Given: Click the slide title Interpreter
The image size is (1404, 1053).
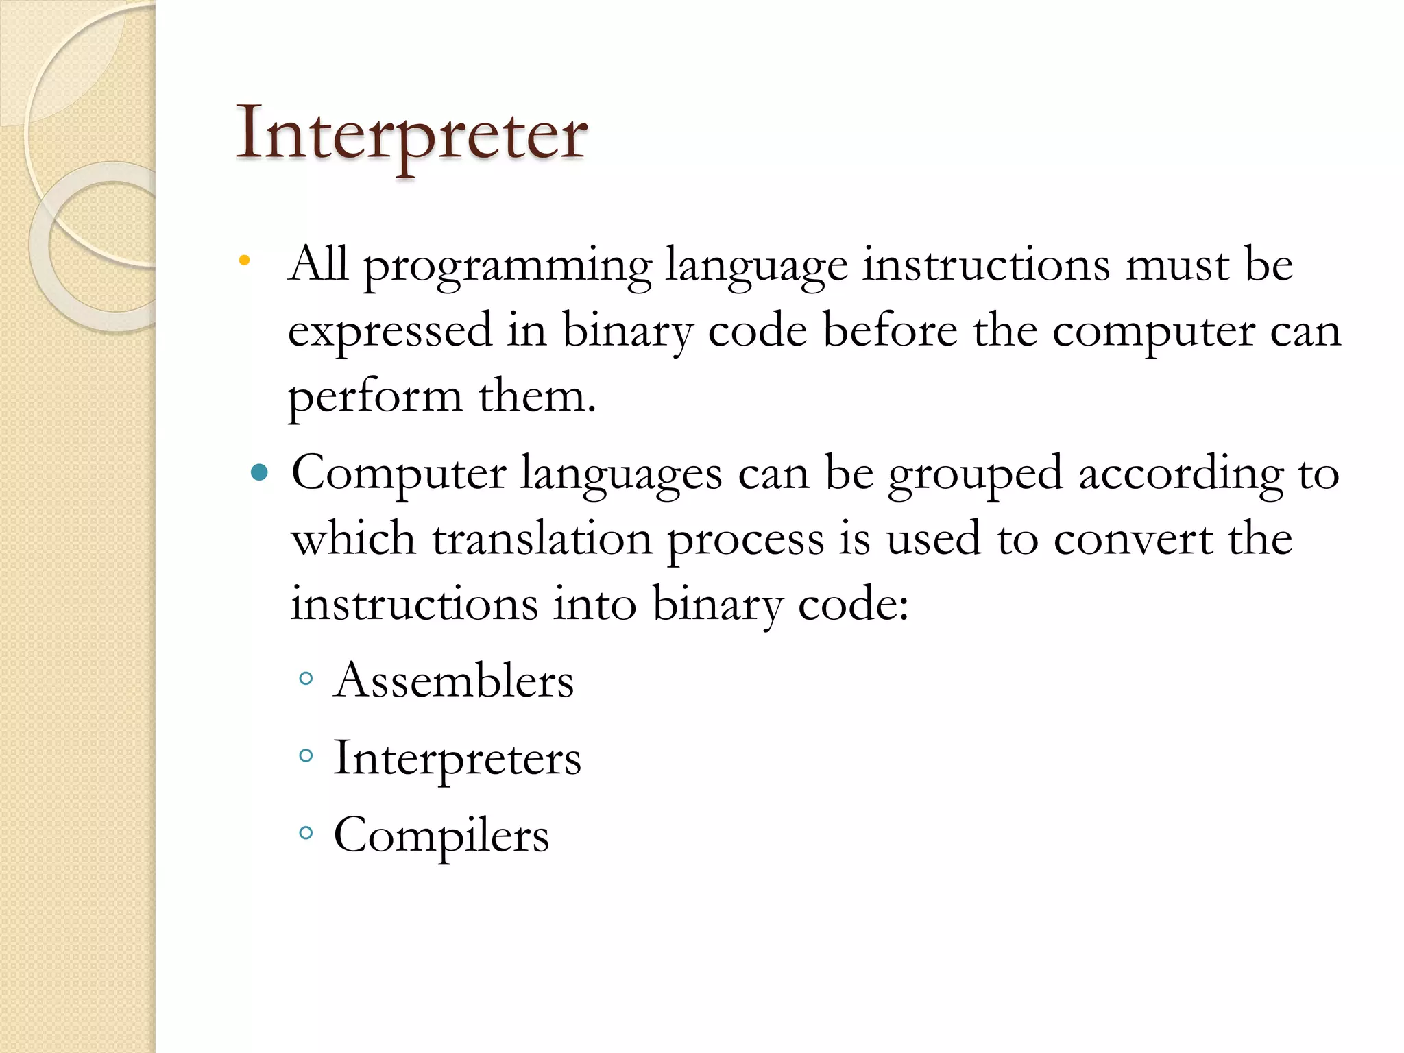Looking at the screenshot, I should (x=411, y=134).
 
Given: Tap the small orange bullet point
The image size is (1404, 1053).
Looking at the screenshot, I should (x=244, y=261).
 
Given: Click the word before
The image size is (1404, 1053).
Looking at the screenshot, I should (x=890, y=330).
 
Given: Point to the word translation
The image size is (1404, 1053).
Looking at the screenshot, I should (x=542, y=539).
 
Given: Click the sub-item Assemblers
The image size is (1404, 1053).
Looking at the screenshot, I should (x=453, y=681).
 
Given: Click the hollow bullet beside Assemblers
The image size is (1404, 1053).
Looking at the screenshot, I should (x=306, y=679).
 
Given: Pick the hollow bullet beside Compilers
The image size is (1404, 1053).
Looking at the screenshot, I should (x=306, y=833).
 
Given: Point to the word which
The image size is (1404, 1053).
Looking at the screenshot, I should (x=354, y=539).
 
